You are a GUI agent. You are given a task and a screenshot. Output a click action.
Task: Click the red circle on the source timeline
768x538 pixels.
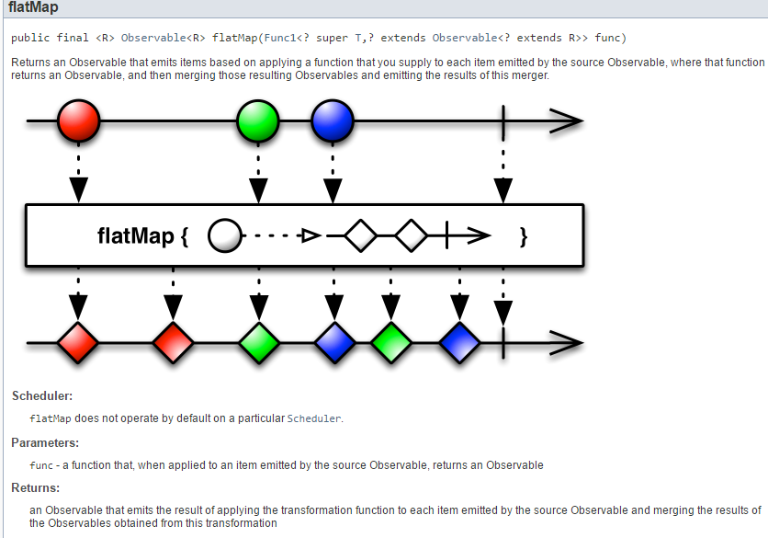click(78, 120)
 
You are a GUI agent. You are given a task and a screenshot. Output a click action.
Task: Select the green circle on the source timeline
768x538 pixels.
click(258, 120)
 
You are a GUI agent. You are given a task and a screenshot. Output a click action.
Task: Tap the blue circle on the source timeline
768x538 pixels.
click(333, 120)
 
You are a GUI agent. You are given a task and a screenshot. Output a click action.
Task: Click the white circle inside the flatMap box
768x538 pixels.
click(224, 236)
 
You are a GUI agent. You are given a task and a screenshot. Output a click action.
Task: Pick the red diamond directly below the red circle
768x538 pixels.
click(78, 343)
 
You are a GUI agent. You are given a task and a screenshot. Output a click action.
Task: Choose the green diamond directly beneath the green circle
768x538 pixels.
click(258, 343)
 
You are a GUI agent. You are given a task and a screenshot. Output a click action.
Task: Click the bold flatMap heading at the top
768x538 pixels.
click(33, 8)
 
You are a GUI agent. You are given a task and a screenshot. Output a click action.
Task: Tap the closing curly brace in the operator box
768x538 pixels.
click(524, 236)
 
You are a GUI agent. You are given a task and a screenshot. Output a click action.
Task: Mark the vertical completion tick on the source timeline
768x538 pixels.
click(503, 120)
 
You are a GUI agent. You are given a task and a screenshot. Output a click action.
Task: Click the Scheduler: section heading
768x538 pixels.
click(42, 396)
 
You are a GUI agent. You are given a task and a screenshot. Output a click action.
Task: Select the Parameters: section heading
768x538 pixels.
click(45, 442)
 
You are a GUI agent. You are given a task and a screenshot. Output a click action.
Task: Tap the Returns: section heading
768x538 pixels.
click(36, 487)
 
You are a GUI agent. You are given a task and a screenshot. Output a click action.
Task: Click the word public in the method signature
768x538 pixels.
click(30, 39)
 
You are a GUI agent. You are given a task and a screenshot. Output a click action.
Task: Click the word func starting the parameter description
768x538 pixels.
click(41, 464)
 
